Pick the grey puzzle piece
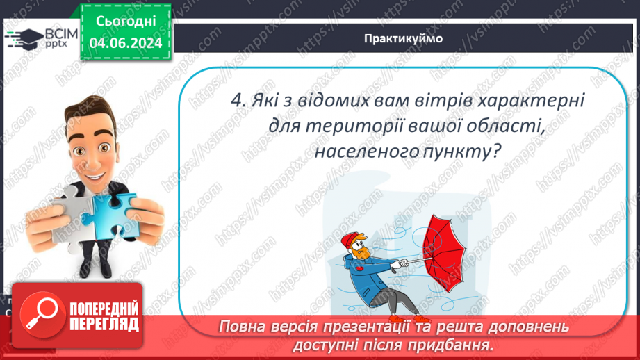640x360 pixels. click(66, 213)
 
